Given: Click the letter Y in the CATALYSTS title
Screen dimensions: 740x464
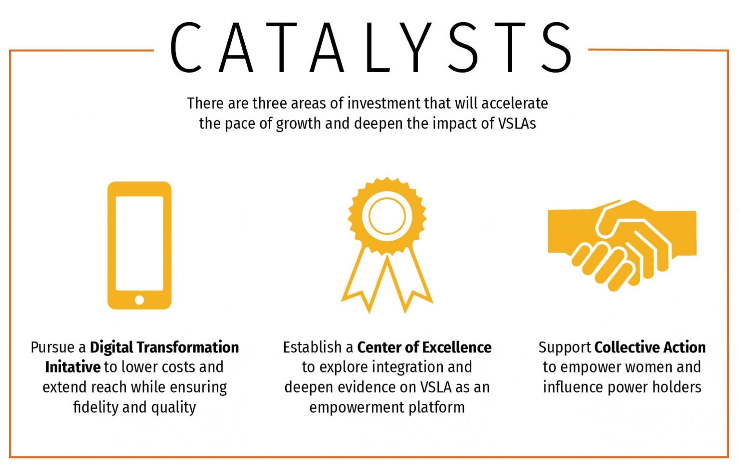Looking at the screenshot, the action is tap(415, 47).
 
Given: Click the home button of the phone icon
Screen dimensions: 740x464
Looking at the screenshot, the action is tap(139, 300).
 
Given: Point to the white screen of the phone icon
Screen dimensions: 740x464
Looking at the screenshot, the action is tap(139, 244).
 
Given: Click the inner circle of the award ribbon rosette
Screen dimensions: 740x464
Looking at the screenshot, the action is tap(387, 217).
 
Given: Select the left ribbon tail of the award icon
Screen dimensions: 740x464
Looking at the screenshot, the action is tap(363, 281).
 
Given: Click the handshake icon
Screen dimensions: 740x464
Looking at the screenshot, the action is tap(622, 245).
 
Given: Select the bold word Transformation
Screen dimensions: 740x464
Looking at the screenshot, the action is tap(187, 347).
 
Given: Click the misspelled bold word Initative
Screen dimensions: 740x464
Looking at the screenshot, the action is tap(73, 367).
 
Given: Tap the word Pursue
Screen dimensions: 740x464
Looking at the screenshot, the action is tap(53, 347).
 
